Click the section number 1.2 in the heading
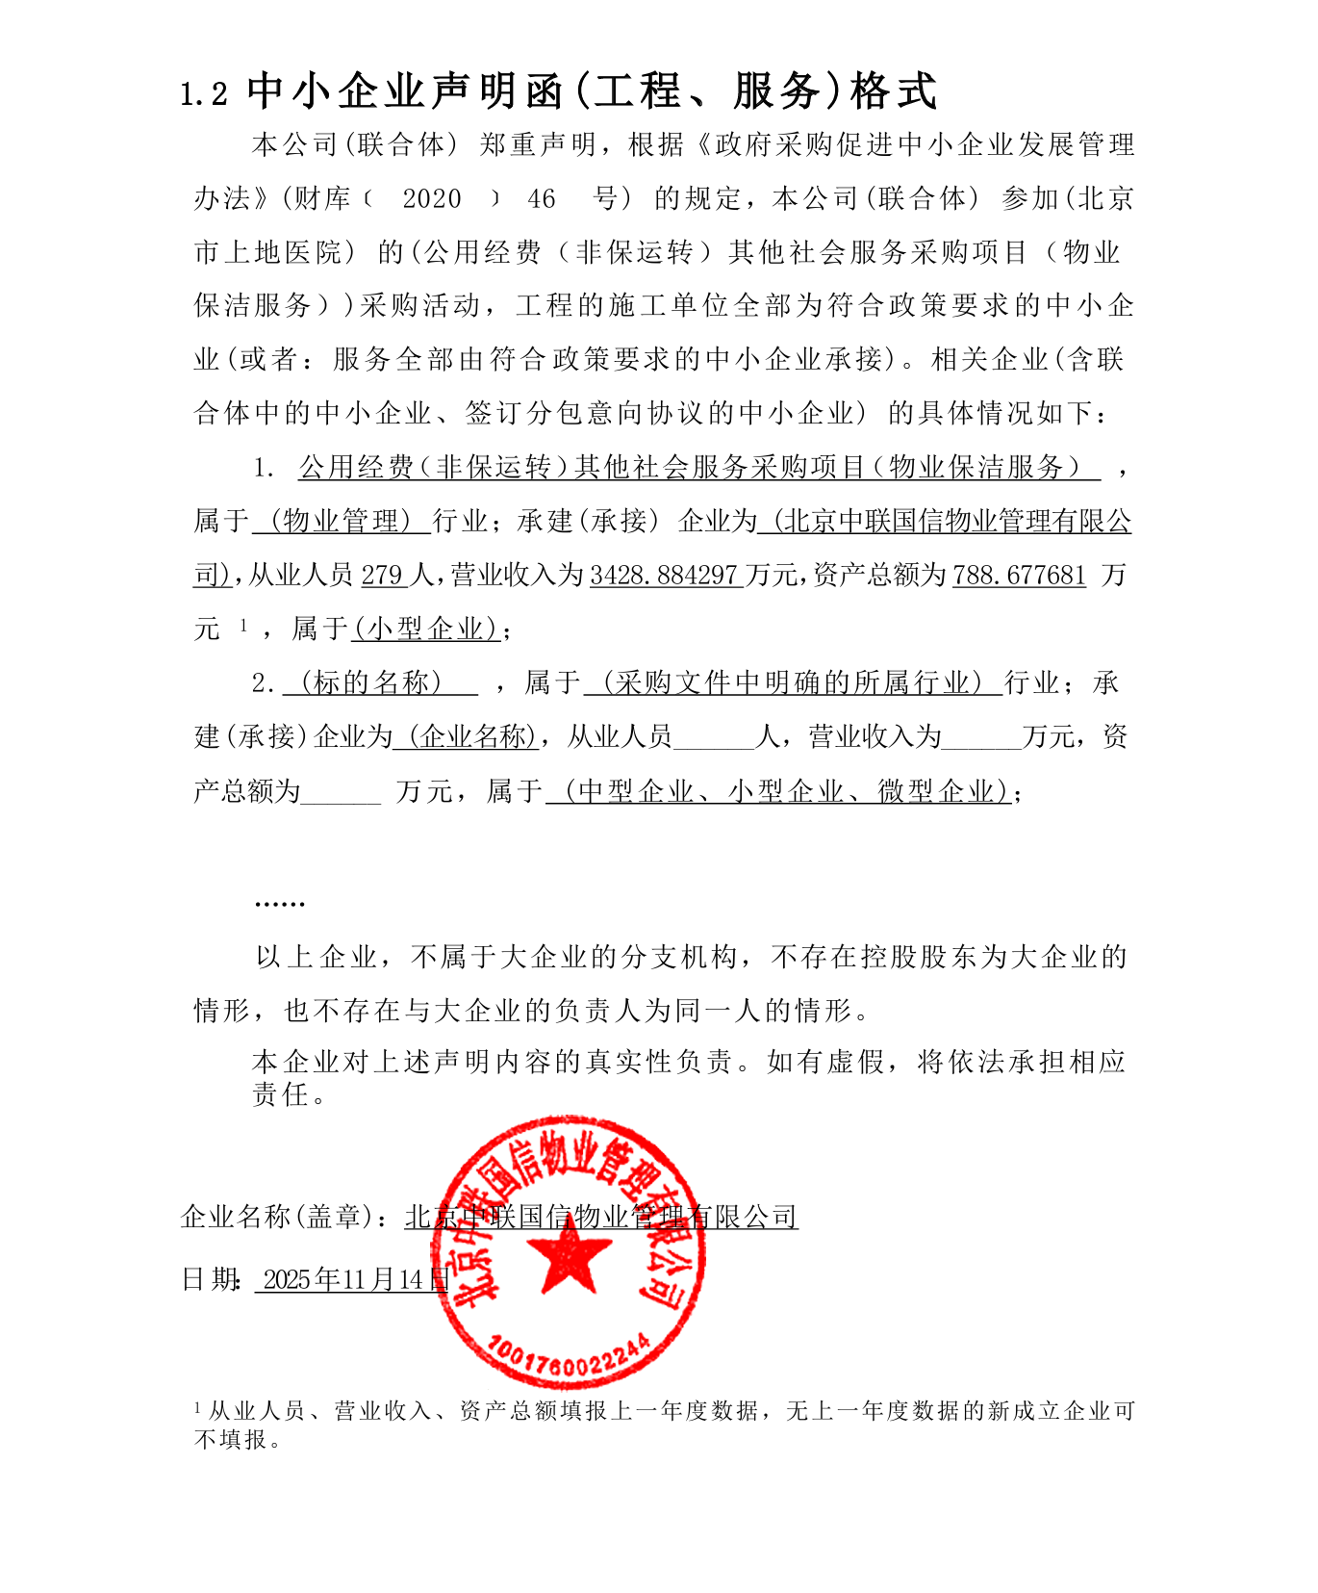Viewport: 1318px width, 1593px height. pos(204,94)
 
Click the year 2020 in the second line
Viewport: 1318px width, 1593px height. pos(431,199)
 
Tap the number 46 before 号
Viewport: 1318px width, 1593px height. pos(542,199)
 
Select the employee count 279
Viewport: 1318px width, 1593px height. pos(382,576)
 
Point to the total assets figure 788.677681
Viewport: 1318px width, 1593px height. pos(1019,576)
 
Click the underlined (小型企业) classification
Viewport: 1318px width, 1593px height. pos(425,629)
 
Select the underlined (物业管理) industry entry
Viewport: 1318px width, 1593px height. pos(342,522)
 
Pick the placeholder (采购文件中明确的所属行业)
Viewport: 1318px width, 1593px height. pos(793,683)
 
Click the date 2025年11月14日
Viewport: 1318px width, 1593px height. pos(352,1279)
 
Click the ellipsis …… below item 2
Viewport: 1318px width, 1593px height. pos(279,903)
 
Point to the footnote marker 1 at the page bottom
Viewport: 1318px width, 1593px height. pos(197,1408)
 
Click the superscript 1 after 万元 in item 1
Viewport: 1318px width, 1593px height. pos(243,626)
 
